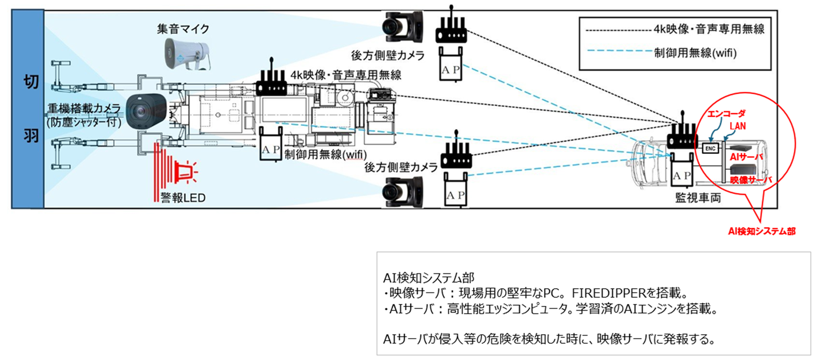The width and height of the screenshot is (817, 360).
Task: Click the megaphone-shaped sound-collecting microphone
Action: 187,54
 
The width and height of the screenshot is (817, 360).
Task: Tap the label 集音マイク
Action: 183,29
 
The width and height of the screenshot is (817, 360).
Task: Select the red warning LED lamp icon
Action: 186,172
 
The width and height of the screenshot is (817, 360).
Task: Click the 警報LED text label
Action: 183,198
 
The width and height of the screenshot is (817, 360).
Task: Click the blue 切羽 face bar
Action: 28,109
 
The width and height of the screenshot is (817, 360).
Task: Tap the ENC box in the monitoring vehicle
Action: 710,148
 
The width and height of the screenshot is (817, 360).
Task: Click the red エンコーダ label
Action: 726,114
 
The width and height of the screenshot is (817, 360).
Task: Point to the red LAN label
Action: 738,126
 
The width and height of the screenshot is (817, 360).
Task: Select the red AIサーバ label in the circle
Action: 746,157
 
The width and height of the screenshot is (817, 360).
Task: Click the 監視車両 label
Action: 698,198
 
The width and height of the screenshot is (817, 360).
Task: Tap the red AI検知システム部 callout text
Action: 761,232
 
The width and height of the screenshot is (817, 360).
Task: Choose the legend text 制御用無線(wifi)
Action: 695,53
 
